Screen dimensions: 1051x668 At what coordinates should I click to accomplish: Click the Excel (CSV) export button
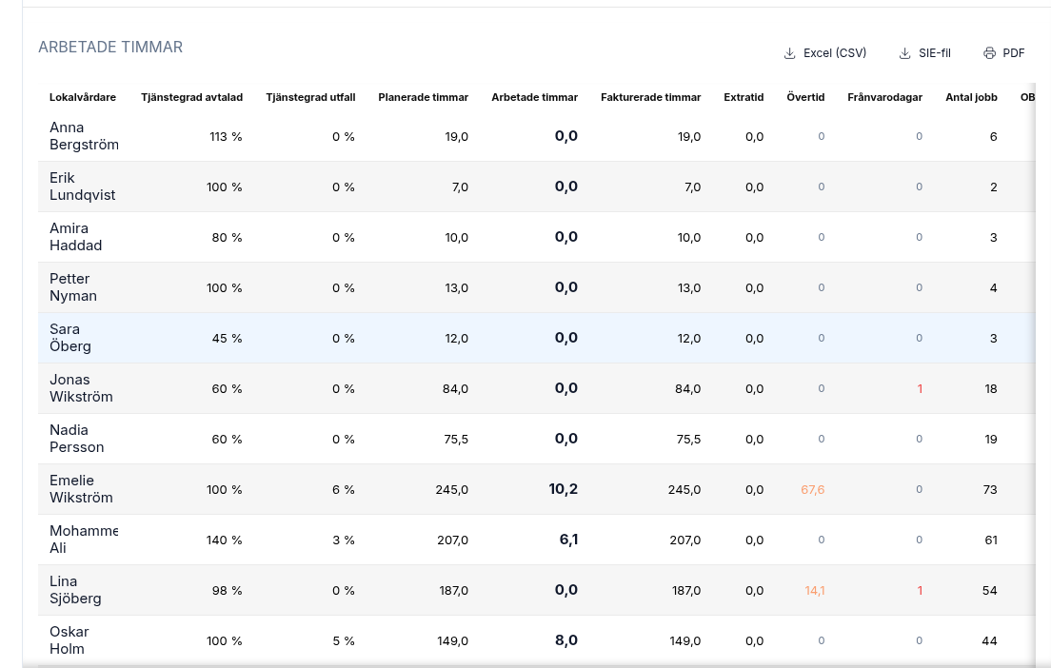tap(824, 53)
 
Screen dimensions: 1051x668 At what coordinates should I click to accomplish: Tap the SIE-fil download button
tap(924, 53)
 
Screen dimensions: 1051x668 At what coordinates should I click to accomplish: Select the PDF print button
tap(1003, 53)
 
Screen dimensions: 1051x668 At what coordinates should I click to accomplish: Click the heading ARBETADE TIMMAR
tap(110, 47)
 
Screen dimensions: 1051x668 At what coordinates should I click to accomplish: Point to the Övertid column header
tap(805, 97)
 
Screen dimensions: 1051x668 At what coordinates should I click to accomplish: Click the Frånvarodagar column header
tap(884, 97)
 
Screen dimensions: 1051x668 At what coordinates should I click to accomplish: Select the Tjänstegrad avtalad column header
tap(191, 97)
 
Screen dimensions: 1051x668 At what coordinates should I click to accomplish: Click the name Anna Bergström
tap(84, 136)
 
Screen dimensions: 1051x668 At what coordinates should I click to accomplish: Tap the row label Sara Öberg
tap(70, 338)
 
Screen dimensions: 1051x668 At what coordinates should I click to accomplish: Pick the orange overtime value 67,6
tap(812, 490)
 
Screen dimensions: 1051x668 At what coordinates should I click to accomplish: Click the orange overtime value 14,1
tap(814, 590)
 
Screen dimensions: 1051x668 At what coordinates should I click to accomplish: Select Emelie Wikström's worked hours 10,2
tap(563, 489)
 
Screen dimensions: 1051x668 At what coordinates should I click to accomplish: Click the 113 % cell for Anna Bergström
tap(226, 137)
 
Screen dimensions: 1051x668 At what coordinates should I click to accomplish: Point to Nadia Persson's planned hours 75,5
tap(456, 440)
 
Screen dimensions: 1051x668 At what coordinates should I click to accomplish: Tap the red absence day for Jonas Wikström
tap(920, 388)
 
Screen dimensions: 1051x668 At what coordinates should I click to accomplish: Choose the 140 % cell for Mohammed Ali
tap(224, 540)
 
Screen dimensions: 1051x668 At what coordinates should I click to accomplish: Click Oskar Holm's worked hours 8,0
tap(566, 640)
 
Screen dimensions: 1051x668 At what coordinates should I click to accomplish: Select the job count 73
tap(990, 490)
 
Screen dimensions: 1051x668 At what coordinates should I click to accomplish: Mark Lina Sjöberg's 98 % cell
tap(227, 590)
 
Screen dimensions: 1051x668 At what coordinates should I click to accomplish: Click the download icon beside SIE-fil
tap(905, 53)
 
